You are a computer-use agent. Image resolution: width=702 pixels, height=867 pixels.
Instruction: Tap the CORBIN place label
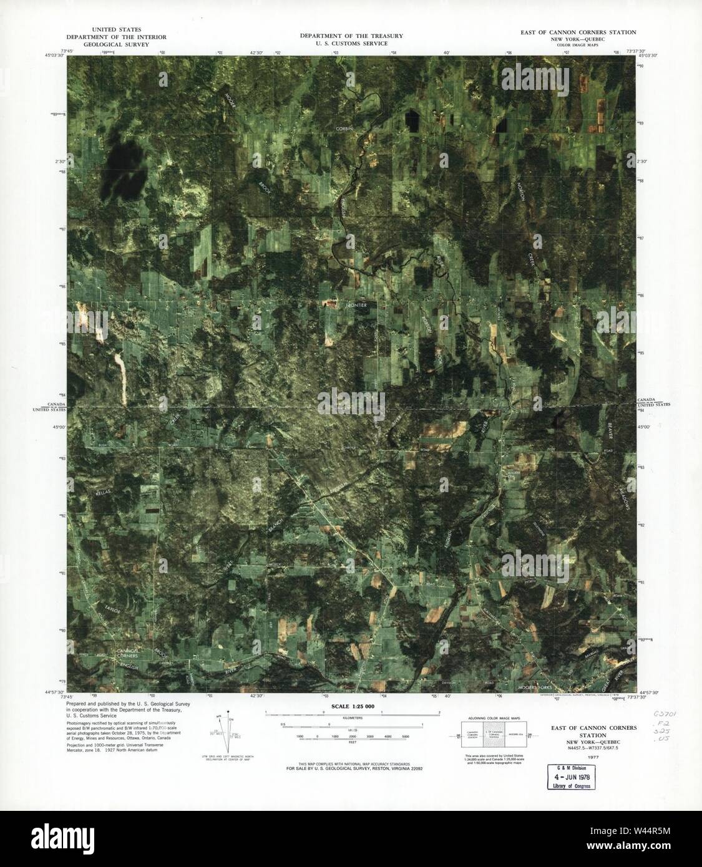point(344,128)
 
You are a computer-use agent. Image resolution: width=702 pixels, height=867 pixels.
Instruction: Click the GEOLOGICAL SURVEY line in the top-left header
point(116,46)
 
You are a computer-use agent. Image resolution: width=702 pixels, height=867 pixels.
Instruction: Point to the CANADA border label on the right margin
point(647,399)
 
